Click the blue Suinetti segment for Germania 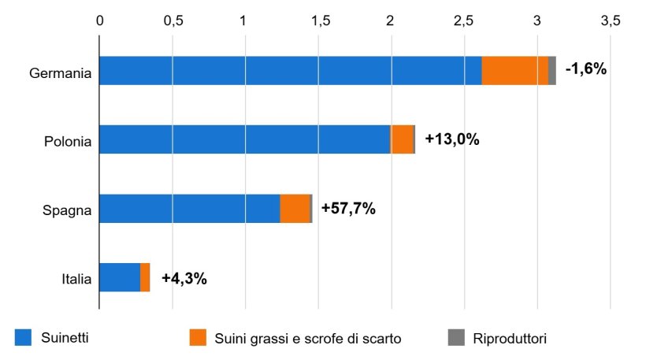[x=290, y=71]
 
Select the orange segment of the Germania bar [x=514, y=71]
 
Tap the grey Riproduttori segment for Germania [x=552, y=71]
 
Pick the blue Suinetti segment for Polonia [x=244, y=139]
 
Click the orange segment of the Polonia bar [x=402, y=139]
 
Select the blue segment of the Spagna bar [x=189, y=209]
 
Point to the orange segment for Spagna [x=295, y=209]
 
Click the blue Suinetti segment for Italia [x=120, y=277]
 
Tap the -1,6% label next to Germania [x=586, y=69]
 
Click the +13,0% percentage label [x=452, y=139]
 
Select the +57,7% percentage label [x=348, y=209]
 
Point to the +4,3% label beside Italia [x=184, y=278]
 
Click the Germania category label [x=61, y=73]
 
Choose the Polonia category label [x=68, y=143]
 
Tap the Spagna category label [x=68, y=211]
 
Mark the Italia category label [x=76, y=280]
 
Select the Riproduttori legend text [x=510, y=339]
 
